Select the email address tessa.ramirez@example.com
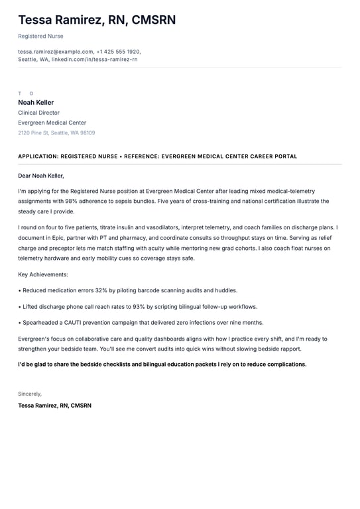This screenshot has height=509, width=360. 56,51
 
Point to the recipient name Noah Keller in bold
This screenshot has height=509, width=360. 36,103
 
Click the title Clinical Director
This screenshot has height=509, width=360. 38,113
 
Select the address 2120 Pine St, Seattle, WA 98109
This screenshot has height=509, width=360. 56,133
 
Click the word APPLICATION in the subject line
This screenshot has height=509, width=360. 39,156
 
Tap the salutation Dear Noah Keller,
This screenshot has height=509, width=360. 41,176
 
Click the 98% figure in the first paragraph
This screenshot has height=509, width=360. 71,201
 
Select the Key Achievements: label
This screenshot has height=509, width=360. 43,274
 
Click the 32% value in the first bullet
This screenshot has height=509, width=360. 101,290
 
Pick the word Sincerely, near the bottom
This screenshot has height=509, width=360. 30,394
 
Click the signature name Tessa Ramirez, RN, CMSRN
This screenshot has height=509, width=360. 54,405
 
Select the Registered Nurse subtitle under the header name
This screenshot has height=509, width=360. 40,36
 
